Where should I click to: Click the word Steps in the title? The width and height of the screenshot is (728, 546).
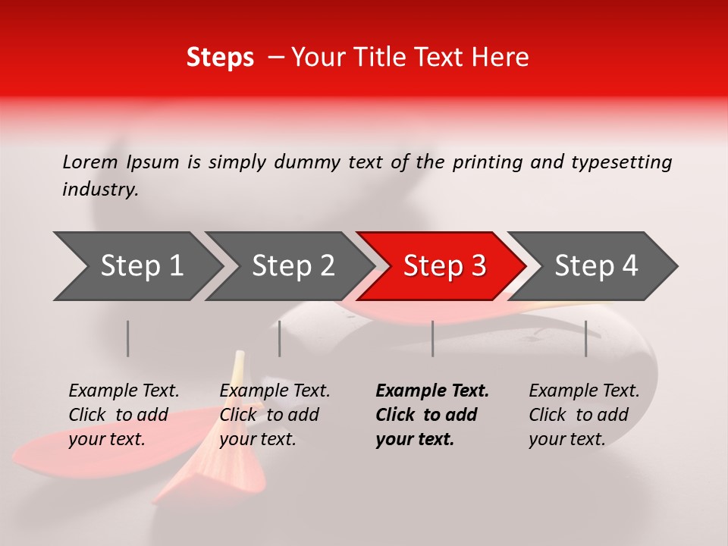click(x=220, y=58)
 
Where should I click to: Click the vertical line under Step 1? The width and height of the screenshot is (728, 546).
click(x=128, y=338)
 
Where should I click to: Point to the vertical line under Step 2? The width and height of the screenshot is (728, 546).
click(x=280, y=338)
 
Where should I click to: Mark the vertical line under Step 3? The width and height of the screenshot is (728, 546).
click(x=432, y=338)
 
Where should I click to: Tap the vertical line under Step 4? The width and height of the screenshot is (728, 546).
click(x=585, y=338)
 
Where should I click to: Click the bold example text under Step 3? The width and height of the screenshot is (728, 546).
click(x=432, y=415)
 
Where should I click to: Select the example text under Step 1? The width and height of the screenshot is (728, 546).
click(x=124, y=415)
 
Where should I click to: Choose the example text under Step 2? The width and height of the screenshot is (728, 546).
click(x=275, y=415)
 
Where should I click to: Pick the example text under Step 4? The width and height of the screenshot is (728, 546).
click(x=584, y=415)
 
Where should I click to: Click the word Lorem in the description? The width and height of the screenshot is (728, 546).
click(x=90, y=162)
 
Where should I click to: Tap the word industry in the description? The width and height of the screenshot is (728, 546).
click(x=99, y=190)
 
